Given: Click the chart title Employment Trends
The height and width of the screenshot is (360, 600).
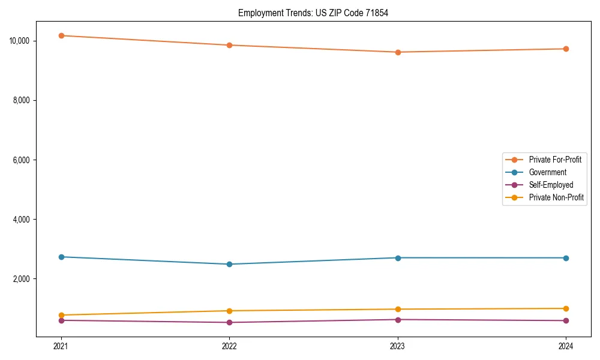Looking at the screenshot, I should pos(313,13).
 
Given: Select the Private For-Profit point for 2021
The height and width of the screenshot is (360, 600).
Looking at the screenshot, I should pos(61,35).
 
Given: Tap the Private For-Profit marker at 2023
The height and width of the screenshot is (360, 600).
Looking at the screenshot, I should pos(398,52).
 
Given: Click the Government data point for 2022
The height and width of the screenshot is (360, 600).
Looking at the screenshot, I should pos(229,264).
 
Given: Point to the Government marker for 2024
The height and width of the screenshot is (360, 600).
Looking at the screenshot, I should pos(566,258).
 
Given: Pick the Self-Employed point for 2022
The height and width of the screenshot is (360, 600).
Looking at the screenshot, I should pos(229,322).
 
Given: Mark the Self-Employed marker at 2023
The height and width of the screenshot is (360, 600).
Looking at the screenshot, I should pos(398,319).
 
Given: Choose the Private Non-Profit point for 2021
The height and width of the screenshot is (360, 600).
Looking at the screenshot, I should pos(61,315).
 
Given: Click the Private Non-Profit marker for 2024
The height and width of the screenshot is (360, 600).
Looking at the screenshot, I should pos(566,308).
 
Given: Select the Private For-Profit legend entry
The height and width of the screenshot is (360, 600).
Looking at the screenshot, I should pos(555,160).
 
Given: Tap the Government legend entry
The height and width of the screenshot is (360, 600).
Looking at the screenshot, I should pos(547,172).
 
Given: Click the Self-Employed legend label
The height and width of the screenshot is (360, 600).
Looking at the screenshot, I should pos(551,185).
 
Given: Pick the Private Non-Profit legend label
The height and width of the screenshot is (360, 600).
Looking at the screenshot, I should pos(556,197).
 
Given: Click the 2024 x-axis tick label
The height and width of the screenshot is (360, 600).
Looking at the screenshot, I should pos(566,346).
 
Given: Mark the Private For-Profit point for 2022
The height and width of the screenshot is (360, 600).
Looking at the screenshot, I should pos(229,45).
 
